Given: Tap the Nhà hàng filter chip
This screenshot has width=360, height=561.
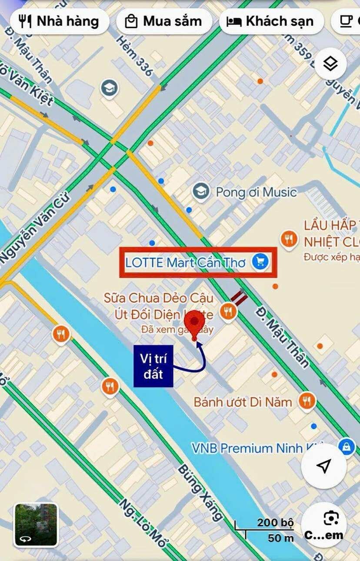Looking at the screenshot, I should (x=60, y=21).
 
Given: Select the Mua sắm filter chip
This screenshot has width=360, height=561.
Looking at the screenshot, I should (x=164, y=21).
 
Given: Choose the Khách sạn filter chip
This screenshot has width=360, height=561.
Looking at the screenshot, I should (x=271, y=21).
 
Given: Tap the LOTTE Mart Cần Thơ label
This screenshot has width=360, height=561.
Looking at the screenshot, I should (x=185, y=263).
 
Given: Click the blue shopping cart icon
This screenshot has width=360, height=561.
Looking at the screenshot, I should (x=260, y=262).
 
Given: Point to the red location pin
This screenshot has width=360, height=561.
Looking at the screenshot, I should (x=194, y=324).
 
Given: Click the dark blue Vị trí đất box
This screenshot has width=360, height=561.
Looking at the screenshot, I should (x=153, y=366).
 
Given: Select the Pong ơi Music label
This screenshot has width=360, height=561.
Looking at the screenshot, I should (x=256, y=192).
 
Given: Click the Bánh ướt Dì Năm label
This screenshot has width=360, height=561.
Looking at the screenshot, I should (x=243, y=401).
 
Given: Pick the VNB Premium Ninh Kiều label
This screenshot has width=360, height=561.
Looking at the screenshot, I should (x=257, y=448).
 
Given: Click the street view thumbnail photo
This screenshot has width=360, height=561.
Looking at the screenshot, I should (x=36, y=524).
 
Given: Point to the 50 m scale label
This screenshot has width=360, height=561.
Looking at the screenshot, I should (x=280, y=538).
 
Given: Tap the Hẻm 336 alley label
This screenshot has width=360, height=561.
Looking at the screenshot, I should (x=134, y=56).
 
